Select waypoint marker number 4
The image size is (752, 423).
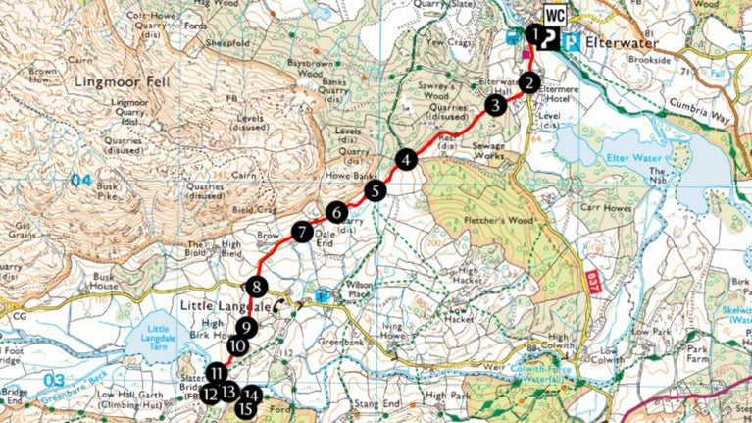(407, 159)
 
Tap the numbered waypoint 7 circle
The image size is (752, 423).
(302, 233)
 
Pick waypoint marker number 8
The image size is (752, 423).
(256, 288)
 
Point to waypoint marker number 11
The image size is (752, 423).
(217, 373)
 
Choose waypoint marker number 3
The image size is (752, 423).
(495, 105)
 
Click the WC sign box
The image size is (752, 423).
(555, 15)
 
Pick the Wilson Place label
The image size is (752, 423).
(361, 306)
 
